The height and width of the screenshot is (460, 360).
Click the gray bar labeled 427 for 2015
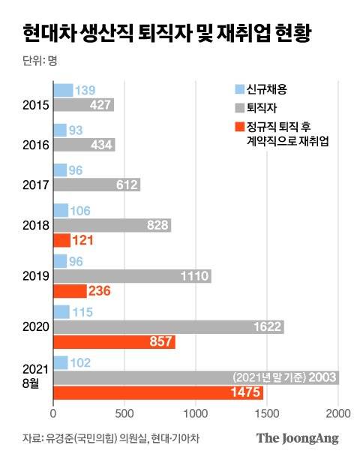[x=83, y=105]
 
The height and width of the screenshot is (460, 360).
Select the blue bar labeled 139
[x=63, y=90]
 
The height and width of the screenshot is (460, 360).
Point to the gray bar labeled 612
[x=97, y=184]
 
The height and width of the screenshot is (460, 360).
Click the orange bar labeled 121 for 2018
[x=61, y=240]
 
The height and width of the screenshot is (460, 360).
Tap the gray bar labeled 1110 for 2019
[x=132, y=276]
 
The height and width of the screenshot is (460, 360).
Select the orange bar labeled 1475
[x=158, y=392]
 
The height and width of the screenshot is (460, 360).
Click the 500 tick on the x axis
[x=124, y=413]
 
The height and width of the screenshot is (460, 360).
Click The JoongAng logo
[x=298, y=438]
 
